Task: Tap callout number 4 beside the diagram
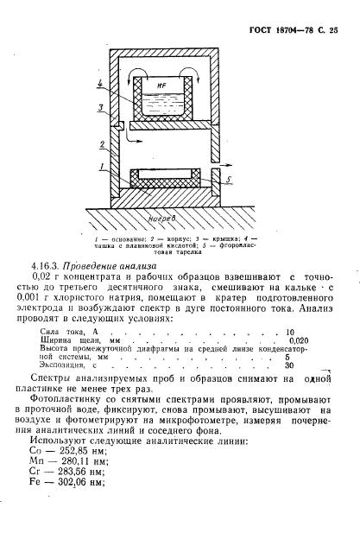point(102,83)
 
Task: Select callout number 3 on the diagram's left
point(102,107)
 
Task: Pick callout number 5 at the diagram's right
point(231,180)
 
